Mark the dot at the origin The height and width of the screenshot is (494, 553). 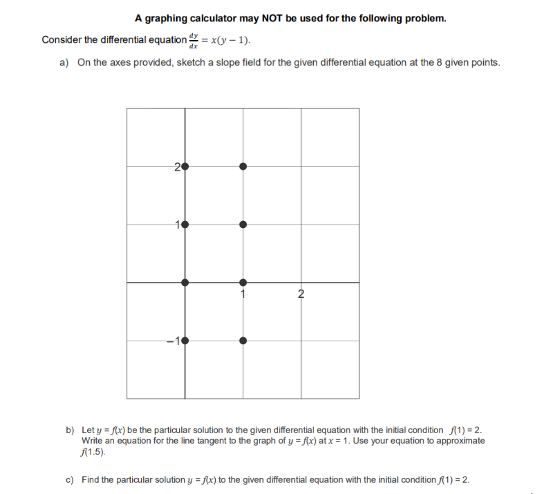(x=185, y=282)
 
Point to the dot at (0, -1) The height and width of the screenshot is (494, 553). (x=185, y=340)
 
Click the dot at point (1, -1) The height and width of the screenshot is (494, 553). (x=243, y=340)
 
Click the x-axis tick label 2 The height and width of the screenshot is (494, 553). (x=301, y=294)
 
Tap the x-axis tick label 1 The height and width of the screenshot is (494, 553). (x=243, y=294)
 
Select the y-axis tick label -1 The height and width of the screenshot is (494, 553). (x=176, y=340)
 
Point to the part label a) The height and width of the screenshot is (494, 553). (x=64, y=63)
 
